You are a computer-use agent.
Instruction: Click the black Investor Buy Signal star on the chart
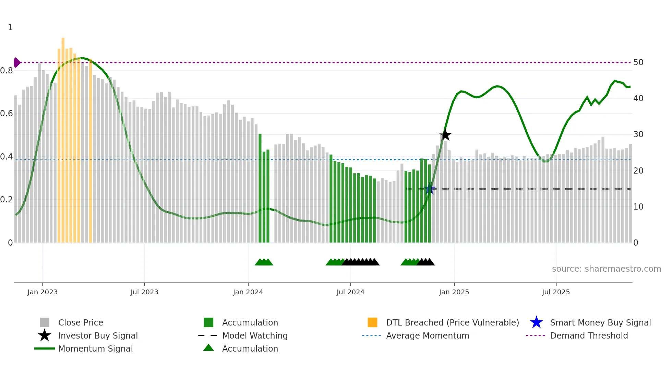pyautogui.click(x=445, y=135)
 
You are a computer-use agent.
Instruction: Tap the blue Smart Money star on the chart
pyautogui.click(x=429, y=189)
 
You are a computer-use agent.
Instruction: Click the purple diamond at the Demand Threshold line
pyautogui.click(x=16, y=62)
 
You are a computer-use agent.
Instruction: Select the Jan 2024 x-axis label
pyautogui.click(x=248, y=292)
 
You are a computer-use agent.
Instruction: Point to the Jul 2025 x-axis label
pyautogui.click(x=556, y=292)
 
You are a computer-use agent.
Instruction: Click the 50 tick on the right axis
pyautogui.click(x=638, y=62)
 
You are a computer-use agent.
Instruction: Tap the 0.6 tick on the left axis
pyautogui.click(x=7, y=114)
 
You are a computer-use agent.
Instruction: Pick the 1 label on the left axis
pyautogui.click(x=10, y=27)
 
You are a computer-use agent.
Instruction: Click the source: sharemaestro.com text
pyautogui.click(x=606, y=269)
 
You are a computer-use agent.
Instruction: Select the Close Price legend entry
pyautogui.click(x=81, y=322)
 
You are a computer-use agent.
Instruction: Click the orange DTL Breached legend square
pyautogui.click(x=372, y=322)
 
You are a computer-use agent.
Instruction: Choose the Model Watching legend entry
pyautogui.click(x=254, y=335)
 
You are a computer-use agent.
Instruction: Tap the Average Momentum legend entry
pyautogui.click(x=427, y=335)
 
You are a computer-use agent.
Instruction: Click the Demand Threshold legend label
pyautogui.click(x=589, y=335)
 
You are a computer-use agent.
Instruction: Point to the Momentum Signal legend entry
pyautogui.click(x=95, y=349)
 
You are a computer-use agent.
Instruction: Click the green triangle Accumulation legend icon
pyautogui.click(x=208, y=348)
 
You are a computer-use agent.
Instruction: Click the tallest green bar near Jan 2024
pyautogui.click(x=260, y=189)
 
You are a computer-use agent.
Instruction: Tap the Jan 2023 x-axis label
pyautogui.click(x=43, y=292)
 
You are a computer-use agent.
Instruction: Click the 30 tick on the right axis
pyautogui.click(x=638, y=134)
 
